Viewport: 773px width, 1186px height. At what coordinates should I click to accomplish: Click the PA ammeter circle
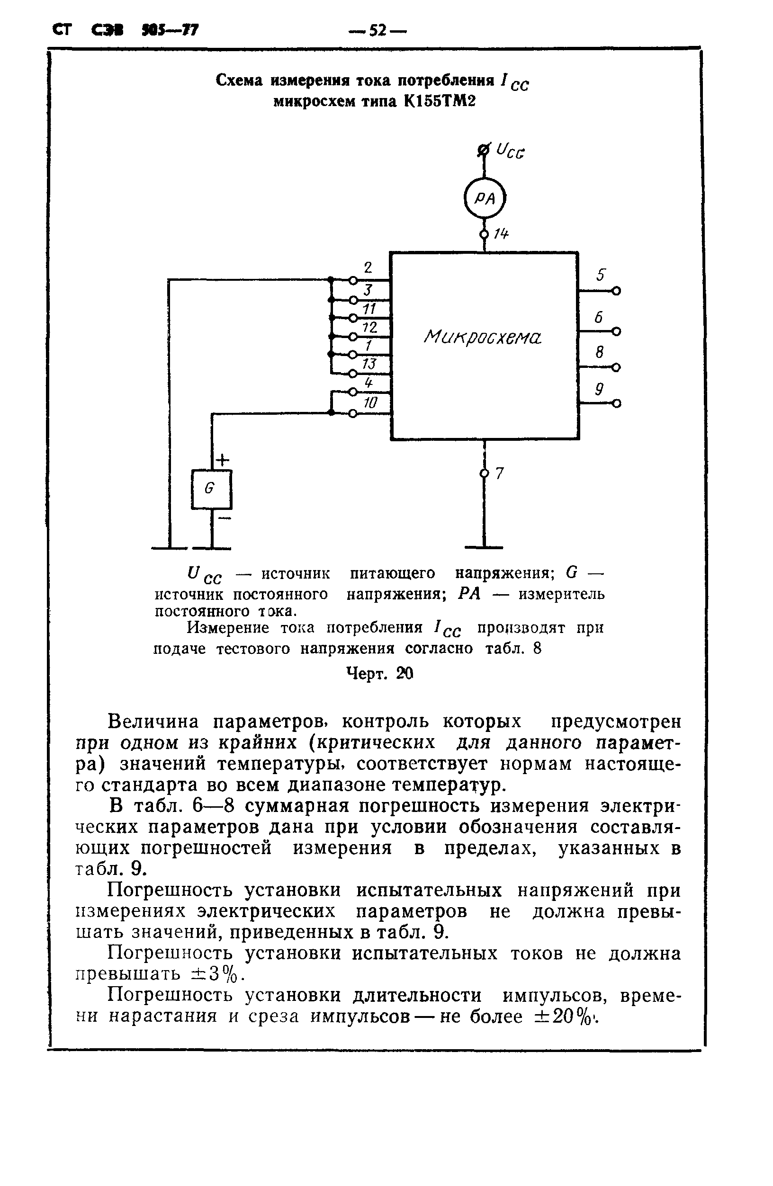pyautogui.click(x=484, y=198)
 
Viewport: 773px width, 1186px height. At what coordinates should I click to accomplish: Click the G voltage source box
pyautogui.click(x=211, y=489)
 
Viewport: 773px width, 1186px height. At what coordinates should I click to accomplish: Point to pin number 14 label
pyautogui.click(x=500, y=234)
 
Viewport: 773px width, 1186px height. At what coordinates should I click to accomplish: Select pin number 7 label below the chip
pyautogui.click(x=500, y=473)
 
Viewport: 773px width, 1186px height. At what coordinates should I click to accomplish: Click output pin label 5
pyautogui.click(x=601, y=275)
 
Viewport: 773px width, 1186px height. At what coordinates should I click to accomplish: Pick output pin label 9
pyautogui.click(x=600, y=389)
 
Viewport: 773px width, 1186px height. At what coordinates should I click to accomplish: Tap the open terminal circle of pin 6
pyautogui.click(x=617, y=331)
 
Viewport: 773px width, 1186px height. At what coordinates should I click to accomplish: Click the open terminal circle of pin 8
pyautogui.click(x=617, y=368)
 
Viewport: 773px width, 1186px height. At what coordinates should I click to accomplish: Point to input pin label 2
pyautogui.click(x=368, y=268)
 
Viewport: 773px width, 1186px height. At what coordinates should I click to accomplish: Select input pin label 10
pyautogui.click(x=370, y=402)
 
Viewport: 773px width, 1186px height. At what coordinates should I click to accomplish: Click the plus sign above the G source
pyautogui.click(x=222, y=459)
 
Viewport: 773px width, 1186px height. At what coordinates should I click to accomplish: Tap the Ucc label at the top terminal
pyautogui.click(x=510, y=152)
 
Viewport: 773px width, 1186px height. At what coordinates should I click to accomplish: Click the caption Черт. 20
pyautogui.click(x=380, y=674)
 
